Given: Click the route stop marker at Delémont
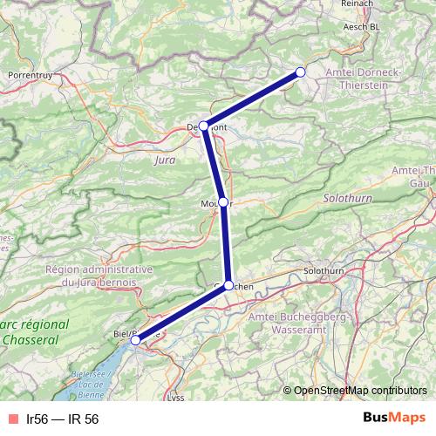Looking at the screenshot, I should pos(204,126).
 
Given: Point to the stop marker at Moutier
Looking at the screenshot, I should pos(223,202).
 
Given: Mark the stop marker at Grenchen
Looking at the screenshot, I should pos(228,285).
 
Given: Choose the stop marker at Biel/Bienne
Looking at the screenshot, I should pos(136,341).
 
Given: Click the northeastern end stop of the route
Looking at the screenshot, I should pos(301,72).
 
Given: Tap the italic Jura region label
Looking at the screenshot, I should pos(163,160).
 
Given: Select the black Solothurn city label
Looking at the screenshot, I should pos(324,272).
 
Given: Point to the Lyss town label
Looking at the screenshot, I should pos(176,398).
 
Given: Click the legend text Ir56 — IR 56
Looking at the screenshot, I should pos(62,419).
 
